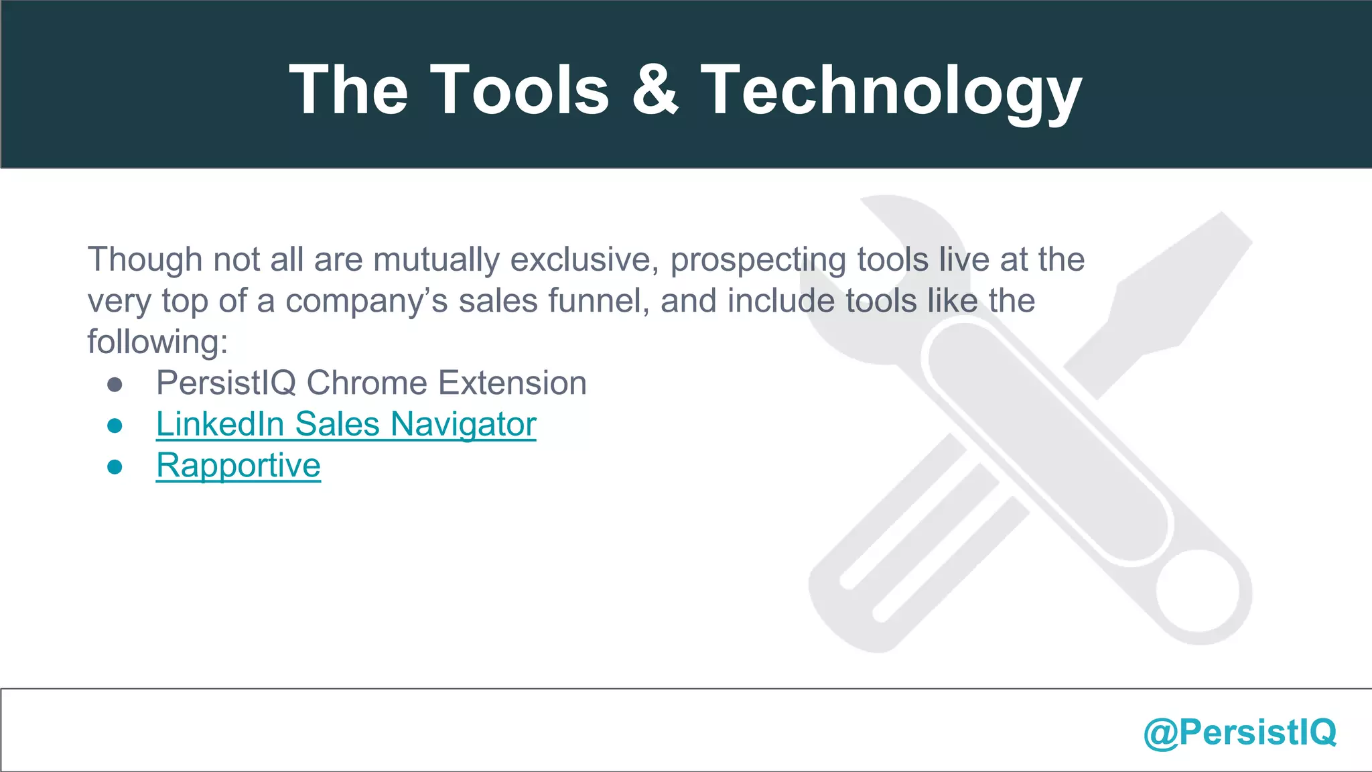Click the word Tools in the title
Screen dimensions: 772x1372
pos(519,90)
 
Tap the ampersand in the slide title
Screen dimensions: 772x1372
pos(655,90)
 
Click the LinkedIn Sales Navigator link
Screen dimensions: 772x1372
pos(346,424)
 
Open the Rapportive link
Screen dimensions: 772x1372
pos(238,466)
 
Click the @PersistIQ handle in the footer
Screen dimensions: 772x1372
pos(1240,732)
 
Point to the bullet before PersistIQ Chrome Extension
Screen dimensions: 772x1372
pos(115,385)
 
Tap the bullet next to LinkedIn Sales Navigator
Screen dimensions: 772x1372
pos(115,426)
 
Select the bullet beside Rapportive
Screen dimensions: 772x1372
pos(115,467)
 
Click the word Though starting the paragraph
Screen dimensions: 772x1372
pos(145,260)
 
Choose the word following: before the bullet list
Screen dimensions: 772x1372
pos(157,342)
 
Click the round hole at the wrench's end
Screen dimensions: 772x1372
pos(1197,592)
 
